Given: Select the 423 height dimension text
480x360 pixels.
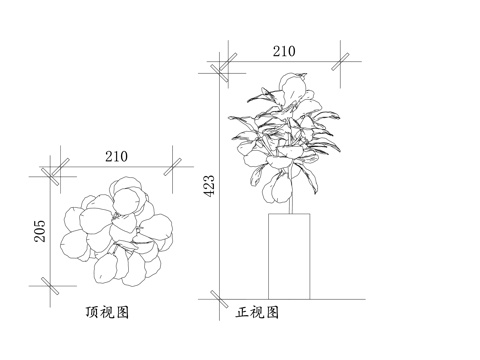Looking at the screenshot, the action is (x=209, y=183).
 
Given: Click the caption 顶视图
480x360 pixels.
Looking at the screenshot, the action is (x=108, y=313).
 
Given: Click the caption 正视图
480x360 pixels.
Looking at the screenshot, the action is (x=257, y=313).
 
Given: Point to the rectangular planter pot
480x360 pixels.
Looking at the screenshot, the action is (x=289, y=255).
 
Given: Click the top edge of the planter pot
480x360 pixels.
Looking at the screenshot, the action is (x=289, y=213).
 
